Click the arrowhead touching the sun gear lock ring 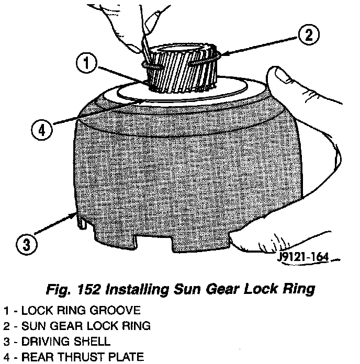(223, 54)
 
